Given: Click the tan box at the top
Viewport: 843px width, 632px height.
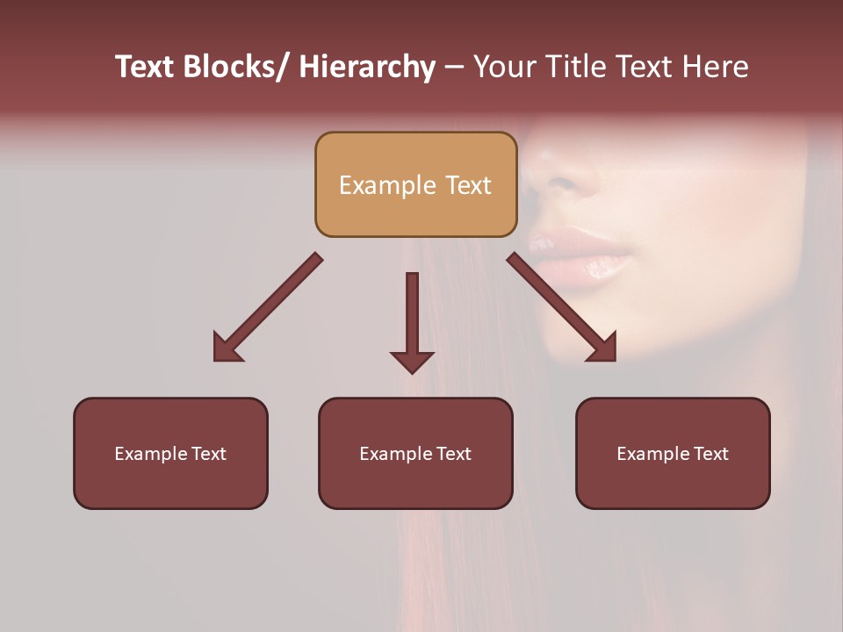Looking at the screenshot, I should (x=415, y=184).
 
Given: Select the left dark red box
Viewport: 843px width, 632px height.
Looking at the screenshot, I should (x=170, y=453).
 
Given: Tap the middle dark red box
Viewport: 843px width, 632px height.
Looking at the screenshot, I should (x=415, y=453).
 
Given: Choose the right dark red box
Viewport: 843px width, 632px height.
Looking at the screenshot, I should (x=673, y=453).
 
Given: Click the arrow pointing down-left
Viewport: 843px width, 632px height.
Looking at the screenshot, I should (x=268, y=307).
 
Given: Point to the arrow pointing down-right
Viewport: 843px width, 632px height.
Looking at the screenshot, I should (x=562, y=307).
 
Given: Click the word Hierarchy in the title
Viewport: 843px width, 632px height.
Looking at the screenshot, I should (x=367, y=67).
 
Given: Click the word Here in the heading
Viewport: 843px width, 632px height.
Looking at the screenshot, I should (x=715, y=67).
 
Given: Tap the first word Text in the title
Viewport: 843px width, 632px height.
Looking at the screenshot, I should (x=146, y=67).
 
